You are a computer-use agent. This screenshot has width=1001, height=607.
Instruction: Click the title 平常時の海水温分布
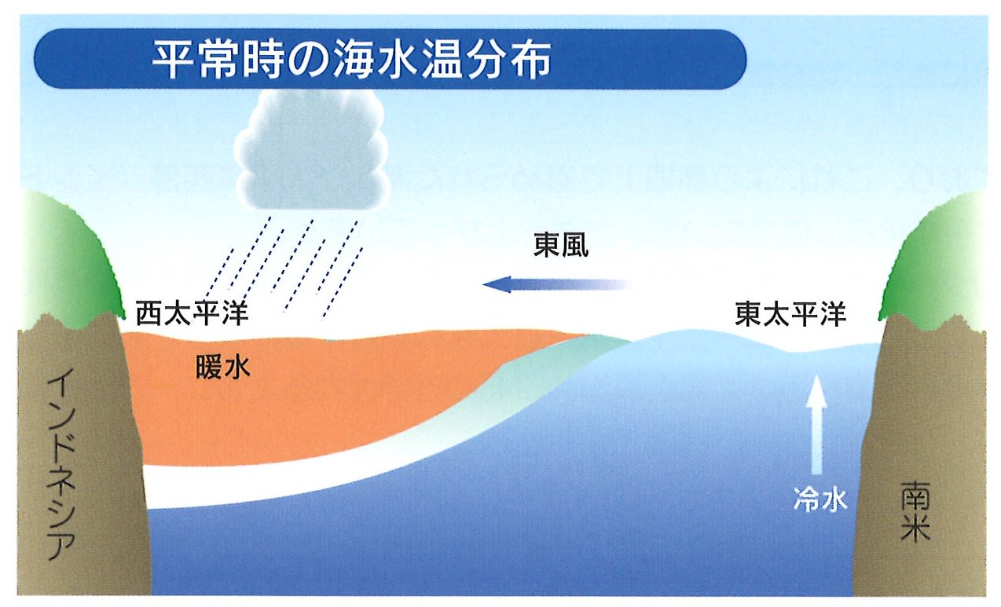tap(352, 60)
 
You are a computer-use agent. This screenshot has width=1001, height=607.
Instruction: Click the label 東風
tap(561, 246)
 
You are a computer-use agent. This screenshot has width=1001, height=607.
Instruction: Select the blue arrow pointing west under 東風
tap(557, 284)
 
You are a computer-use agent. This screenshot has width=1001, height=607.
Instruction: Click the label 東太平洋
tap(790, 313)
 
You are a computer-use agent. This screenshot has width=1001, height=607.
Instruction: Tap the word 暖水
tap(223, 368)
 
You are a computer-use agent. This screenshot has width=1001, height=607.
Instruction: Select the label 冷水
tap(820, 499)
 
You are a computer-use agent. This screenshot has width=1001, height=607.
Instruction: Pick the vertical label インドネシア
tap(61, 464)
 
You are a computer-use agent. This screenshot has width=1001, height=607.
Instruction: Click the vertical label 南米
tap(915, 511)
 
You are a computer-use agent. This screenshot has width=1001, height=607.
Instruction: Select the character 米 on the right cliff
tap(915, 528)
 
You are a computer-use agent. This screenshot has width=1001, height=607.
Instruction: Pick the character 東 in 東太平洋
tap(749, 313)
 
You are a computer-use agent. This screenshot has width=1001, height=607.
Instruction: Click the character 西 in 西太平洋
tap(149, 313)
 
